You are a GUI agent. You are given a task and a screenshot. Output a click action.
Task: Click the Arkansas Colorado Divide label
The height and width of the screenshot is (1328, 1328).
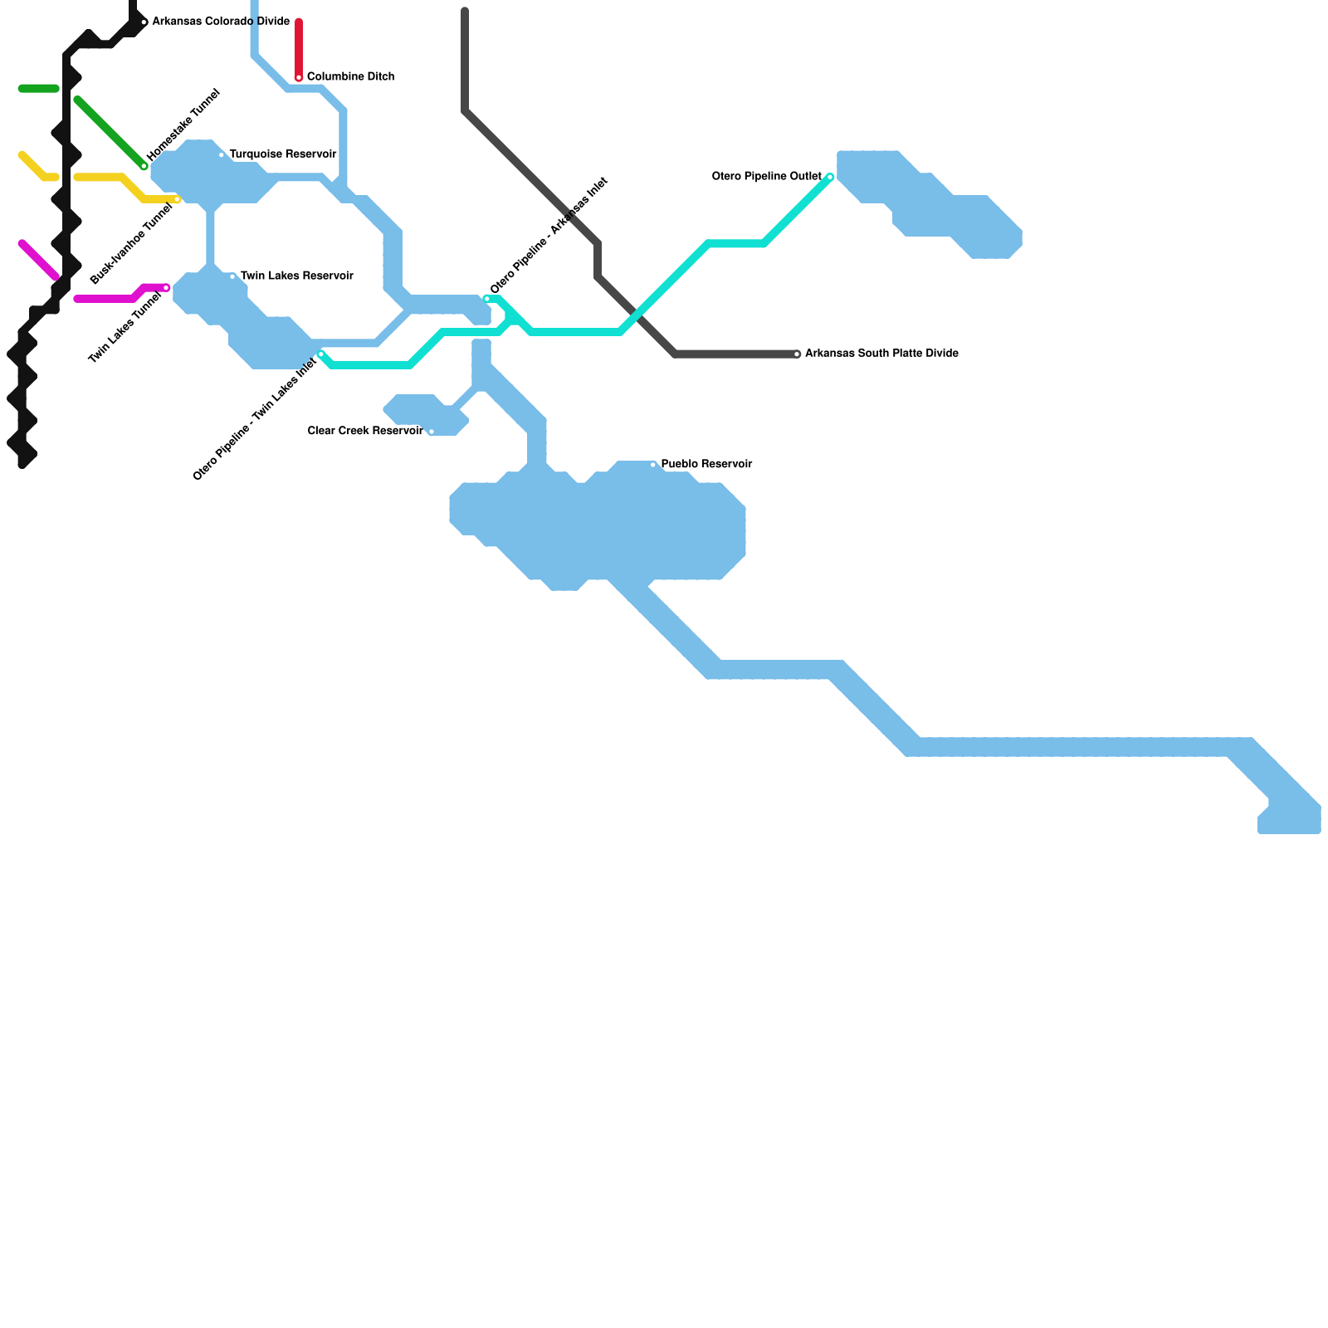(x=221, y=22)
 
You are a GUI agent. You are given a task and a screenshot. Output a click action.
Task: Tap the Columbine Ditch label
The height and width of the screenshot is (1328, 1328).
(x=350, y=77)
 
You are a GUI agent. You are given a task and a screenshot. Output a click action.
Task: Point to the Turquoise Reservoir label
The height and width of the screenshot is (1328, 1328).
(x=282, y=154)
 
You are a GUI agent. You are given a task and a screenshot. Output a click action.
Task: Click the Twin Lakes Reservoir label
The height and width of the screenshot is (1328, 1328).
(x=296, y=276)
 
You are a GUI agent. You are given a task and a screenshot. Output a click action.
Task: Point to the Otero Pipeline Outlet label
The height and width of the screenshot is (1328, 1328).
(x=766, y=177)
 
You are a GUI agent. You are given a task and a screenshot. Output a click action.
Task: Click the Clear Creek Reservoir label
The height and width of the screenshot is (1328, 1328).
(x=365, y=432)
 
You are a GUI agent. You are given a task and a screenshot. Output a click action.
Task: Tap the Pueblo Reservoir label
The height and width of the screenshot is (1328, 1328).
(x=706, y=464)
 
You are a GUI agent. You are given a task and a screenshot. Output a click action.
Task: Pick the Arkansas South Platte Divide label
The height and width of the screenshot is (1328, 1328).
(x=881, y=354)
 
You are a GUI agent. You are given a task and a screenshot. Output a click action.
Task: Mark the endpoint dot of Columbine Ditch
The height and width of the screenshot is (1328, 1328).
(x=299, y=77)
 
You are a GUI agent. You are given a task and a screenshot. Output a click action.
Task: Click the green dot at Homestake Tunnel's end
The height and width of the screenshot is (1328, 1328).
(x=144, y=166)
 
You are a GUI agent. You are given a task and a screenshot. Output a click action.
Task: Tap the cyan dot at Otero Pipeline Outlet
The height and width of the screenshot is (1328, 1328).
(x=830, y=177)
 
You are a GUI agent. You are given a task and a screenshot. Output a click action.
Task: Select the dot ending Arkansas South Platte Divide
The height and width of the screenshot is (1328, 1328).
(x=797, y=354)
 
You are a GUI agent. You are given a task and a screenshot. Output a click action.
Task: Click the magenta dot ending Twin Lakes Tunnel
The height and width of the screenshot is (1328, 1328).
(x=166, y=288)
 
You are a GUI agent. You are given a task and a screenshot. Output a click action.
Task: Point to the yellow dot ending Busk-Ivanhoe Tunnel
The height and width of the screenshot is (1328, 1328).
(x=177, y=199)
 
